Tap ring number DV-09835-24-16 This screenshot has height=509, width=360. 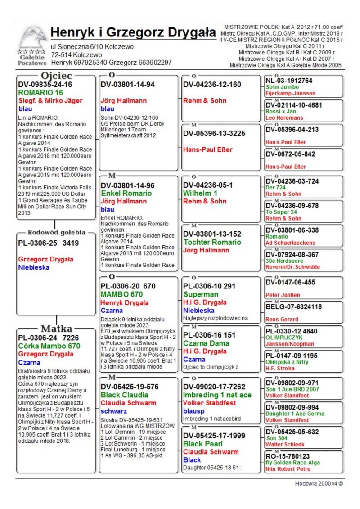(x=45, y=84)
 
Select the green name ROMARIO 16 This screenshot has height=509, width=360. (x=40, y=92)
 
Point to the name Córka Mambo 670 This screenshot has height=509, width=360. (x=49, y=346)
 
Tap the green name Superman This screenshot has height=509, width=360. (x=201, y=294)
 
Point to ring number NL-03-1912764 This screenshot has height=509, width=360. (x=288, y=81)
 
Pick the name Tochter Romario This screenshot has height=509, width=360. (x=212, y=242)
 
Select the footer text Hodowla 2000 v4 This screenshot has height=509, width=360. (x=319, y=484)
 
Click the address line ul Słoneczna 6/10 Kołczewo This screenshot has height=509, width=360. (x=92, y=46)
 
